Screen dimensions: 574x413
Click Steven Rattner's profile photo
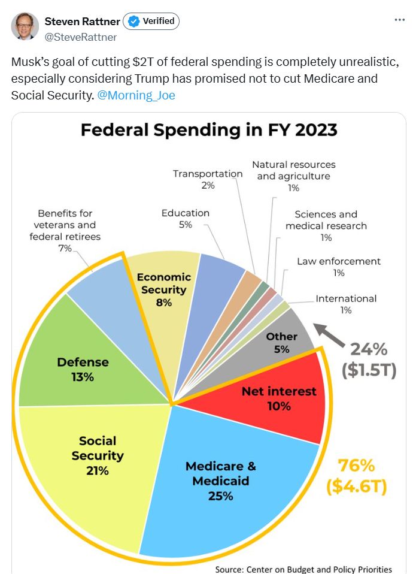coord(25,26)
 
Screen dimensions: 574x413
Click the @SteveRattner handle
coord(81,37)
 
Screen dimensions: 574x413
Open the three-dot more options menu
coord(399,20)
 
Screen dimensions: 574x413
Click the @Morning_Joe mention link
coord(136,95)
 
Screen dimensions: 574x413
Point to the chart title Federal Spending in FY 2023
coord(209,130)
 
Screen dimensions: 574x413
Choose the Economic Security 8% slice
coord(163,289)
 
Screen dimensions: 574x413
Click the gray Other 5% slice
coord(282,342)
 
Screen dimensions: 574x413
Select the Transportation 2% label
coord(208,179)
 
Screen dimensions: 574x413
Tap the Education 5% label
coord(185,219)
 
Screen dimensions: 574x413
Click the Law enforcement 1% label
coord(339,267)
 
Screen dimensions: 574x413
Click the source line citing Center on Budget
coord(303,569)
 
